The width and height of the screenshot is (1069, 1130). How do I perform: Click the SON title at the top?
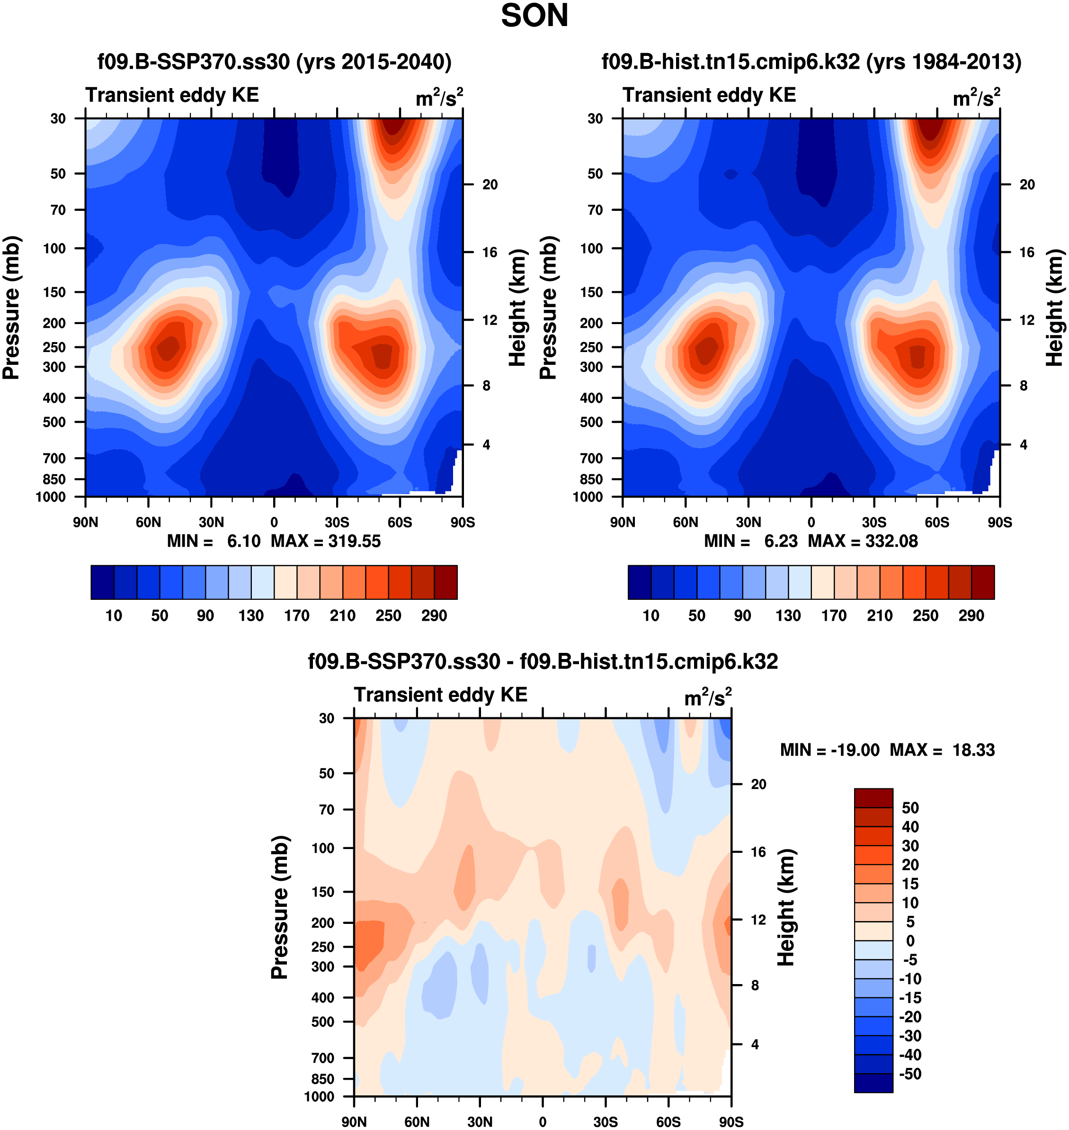click(534, 16)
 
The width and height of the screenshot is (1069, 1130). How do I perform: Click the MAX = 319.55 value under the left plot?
click(325, 541)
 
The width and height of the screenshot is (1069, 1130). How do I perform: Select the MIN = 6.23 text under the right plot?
click(750, 541)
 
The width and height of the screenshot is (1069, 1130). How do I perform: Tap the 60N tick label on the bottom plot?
click(417, 1122)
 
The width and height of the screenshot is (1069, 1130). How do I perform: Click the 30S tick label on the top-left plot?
click(337, 522)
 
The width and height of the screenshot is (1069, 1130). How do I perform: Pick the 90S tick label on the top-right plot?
click(999, 522)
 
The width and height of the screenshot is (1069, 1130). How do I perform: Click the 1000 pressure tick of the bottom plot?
click(319, 1096)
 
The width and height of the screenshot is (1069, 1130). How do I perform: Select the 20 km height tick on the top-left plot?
click(490, 185)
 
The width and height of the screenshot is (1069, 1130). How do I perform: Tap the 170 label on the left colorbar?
click(297, 616)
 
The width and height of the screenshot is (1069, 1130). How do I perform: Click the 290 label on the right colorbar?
click(971, 616)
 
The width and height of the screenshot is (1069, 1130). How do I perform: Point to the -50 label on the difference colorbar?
click(910, 1074)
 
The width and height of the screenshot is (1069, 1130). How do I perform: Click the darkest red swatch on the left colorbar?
click(445, 582)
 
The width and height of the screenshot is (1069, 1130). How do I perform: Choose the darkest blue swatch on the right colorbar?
click(639, 582)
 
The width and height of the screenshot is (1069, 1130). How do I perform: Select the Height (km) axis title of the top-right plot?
click(1054, 308)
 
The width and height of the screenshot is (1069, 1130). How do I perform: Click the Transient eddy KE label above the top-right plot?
click(709, 95)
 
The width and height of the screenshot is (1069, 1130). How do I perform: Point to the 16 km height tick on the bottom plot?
click(758, 852)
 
